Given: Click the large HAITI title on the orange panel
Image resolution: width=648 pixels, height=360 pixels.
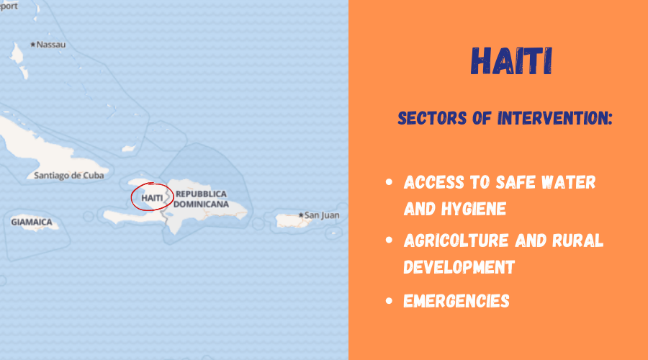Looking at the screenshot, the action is pyautogui.click(x=511, y=61).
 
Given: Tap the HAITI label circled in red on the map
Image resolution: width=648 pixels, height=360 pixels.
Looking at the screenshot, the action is pyautogui.click(x=152, y=198).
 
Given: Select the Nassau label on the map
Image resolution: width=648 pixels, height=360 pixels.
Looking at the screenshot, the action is pyautogui.click(x=51, y=45).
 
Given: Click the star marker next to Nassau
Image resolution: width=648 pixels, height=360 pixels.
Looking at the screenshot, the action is pyautogui.click(x=32, y=44).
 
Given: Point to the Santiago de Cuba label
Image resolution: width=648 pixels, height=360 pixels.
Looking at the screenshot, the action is pyautogui.click(x=69, y=175).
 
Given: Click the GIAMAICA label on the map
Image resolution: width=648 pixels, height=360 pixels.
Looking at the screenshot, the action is pyautogui.click(x=32, y=222).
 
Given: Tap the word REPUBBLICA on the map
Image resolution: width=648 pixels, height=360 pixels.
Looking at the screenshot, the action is pyautogui.click(x=202, y=194).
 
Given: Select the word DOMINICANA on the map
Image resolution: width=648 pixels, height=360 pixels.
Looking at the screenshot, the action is pyautogui.click(x=201, y=204).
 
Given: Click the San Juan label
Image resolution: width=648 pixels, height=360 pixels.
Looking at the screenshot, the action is pyautogui.click(x=322, y=215).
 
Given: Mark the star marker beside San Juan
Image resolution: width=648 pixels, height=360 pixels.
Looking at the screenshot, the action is pyautogui.click(x=301, y=215).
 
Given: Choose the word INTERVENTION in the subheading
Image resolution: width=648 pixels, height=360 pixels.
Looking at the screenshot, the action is pyautogui.click(x=555, y=118).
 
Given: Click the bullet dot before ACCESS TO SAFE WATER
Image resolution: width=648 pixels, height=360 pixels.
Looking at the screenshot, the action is pyautogui.click(x=389, y=182).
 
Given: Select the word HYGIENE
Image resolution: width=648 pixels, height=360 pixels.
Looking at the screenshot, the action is pyautogui.click(x=474, y=209).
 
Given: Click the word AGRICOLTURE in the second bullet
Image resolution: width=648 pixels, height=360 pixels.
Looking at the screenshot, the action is pyautogui.click(x=456, y=240).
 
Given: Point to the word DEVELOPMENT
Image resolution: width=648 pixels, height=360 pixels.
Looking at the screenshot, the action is pyautogui.click(x=459, y=267).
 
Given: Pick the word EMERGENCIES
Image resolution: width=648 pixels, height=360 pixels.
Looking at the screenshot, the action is pyautogui.click(x=456, y=301).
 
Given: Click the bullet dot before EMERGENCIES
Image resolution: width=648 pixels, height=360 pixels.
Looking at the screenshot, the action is pyautogui.click(x=389, y=300).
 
